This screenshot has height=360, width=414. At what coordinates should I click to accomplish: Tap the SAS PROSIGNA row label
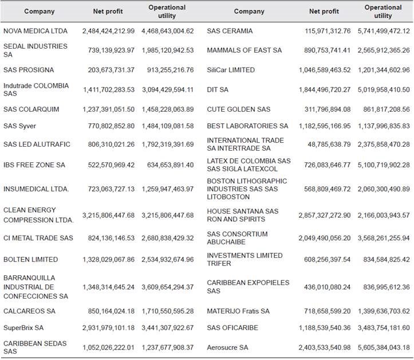(x=29, y=70)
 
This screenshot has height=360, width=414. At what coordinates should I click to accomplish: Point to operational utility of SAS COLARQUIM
(x=171, y=109)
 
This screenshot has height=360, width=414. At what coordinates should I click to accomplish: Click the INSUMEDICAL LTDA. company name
(x=36, y=189)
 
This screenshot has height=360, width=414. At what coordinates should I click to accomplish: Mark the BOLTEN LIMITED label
(x=30, y=260)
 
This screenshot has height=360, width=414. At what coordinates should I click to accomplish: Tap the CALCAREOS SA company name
(x=29, y=311)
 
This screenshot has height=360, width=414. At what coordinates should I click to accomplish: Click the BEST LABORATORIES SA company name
(x=247, y=126)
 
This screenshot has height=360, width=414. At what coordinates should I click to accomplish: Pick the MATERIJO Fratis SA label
(x=238, y=311)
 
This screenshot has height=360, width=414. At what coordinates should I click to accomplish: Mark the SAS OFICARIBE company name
(x=232, y=327)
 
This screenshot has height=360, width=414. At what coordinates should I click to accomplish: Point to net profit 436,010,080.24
(x=326, y=287)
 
